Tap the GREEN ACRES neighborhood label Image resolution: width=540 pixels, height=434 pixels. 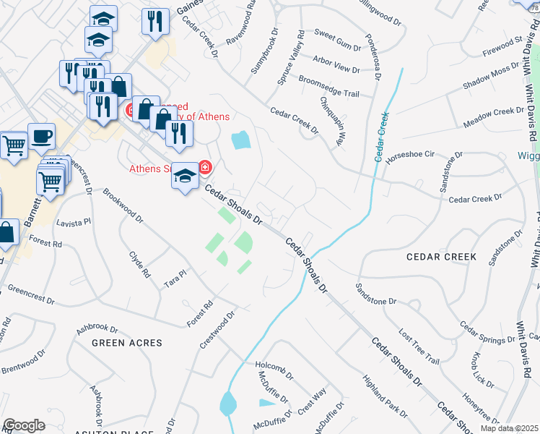[126, 342]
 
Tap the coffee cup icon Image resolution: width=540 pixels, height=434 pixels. [41, 135]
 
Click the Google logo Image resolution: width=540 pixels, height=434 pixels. [24, 425]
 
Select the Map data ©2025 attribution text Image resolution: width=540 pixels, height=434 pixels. [510, 428]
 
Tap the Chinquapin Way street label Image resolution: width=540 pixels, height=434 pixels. [333, 123]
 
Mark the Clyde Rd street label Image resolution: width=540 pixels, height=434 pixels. [139, 264]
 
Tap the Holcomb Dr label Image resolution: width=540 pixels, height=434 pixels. [275, 370]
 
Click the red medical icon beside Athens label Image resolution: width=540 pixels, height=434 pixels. [205, 168]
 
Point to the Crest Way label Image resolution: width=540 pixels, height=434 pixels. [312, 401]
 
